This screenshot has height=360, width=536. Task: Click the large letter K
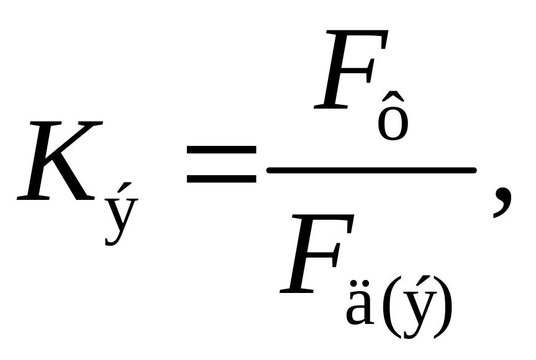(x=56, y=163)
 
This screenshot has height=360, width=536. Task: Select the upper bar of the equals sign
(x=221, y=151)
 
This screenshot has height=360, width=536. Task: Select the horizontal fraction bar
(x=371, y=169)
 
